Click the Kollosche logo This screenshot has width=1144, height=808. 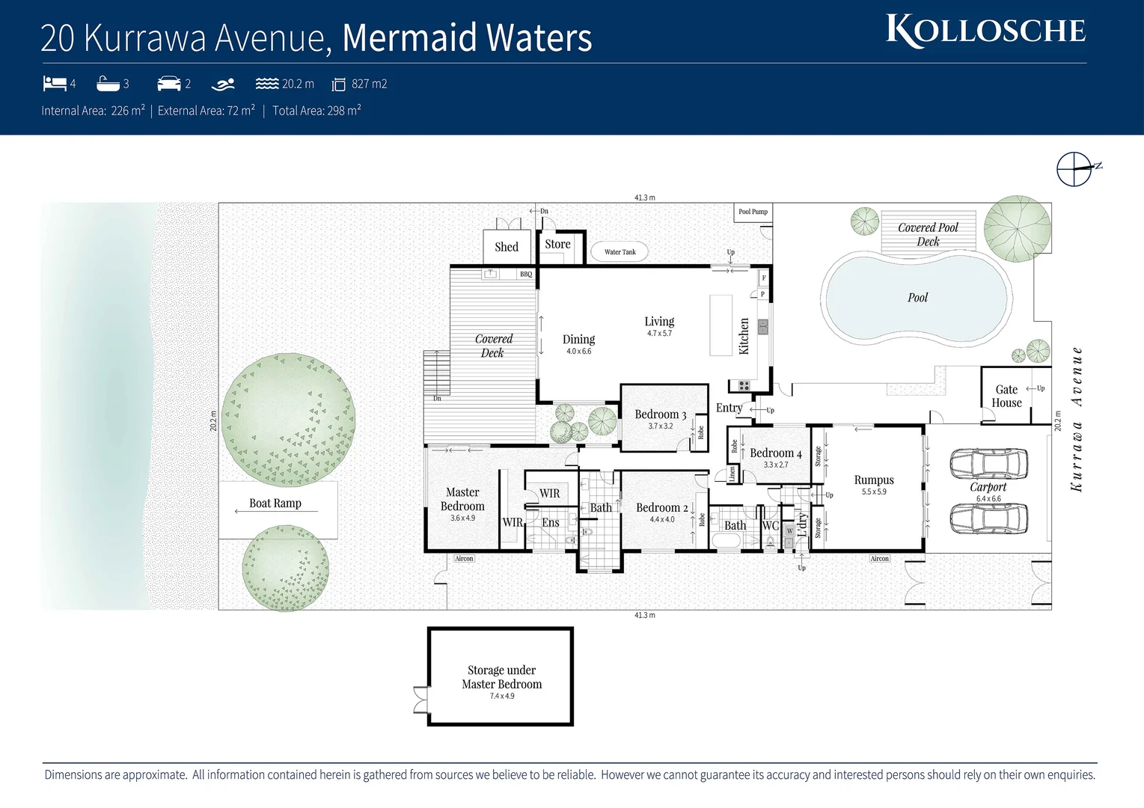tap(985, 31)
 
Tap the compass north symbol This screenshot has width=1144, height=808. tap(1075, 169)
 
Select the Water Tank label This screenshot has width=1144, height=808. tap(620, 252)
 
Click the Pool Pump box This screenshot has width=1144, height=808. tap(753, 212)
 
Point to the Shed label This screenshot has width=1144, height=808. tap(507, 247)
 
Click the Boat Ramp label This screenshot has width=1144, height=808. tap(275, 504)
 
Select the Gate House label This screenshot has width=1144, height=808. tap(1006, 396)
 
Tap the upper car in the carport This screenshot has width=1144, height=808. tap(988, 463)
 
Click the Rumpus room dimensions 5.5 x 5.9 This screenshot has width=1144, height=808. tap(874, 492)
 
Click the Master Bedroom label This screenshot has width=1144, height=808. tap(462, 499)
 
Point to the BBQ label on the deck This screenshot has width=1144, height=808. tap(526, 275)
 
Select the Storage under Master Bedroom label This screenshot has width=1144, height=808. tap(501, 677)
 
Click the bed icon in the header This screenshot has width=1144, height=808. tap(55, 84)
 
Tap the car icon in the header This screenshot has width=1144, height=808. tap(169, 84)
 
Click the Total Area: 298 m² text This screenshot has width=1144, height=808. tap(316, 111)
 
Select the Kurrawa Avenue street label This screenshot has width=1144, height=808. tap(1077, 419)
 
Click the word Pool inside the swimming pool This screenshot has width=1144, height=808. tap(917, 298)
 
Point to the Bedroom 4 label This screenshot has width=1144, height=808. tap(775, 453)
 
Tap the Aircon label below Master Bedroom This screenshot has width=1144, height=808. tap(464, 559)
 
